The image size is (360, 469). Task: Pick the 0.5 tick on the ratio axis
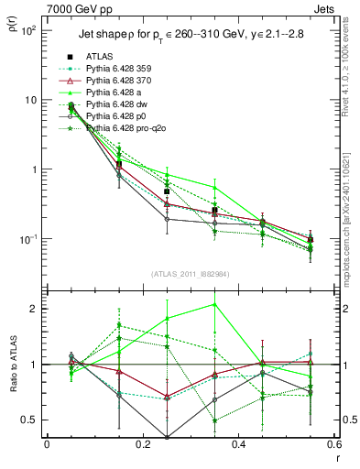(x=30, y=420)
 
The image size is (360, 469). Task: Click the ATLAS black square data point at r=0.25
(x=167, y=191)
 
